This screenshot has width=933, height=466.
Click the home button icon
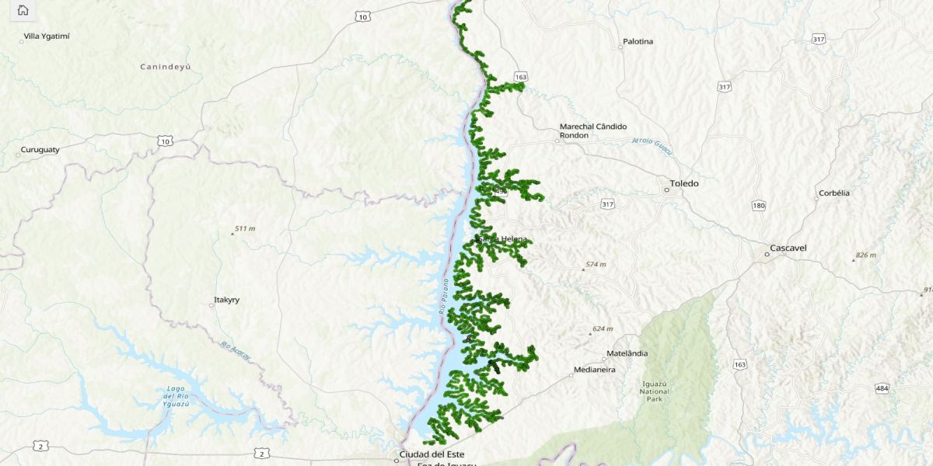pyautogui.click(x=23, y=10)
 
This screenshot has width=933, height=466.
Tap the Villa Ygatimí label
pyautogui.click(x=47, y=36)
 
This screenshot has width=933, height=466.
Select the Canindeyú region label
pyautogui.click(x=165, y=67)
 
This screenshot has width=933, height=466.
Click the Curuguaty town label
pyautogui.click(x=40, y=149)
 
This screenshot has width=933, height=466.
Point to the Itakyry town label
pyautogui.click(x=228, y=300)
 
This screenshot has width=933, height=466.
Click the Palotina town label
pyautogui.click(x=638, y=41)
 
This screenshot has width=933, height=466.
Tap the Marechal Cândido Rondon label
pyautogui.click(x=592, y=130)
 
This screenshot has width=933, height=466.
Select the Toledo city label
pyautogui.click(x=684, y=184)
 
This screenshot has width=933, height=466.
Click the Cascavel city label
pyautogui.click(x=788, y=249)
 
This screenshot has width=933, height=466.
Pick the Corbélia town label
pyautogui.click(x=833, y=193)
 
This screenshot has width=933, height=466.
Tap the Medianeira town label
pyautogui.click(x=594, y=370)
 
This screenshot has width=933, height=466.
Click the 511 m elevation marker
pyautogui.click(x=244, y=229)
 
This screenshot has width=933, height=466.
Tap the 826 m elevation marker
pyautogui.click(x=865, y=256)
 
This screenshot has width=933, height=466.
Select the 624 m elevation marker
pyautogui.click(x=602, y=329)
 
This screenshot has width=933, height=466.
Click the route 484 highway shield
pyautogui.click(x=881, y=388)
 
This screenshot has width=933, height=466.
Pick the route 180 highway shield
pyautogui.click(x=758, y=205)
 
